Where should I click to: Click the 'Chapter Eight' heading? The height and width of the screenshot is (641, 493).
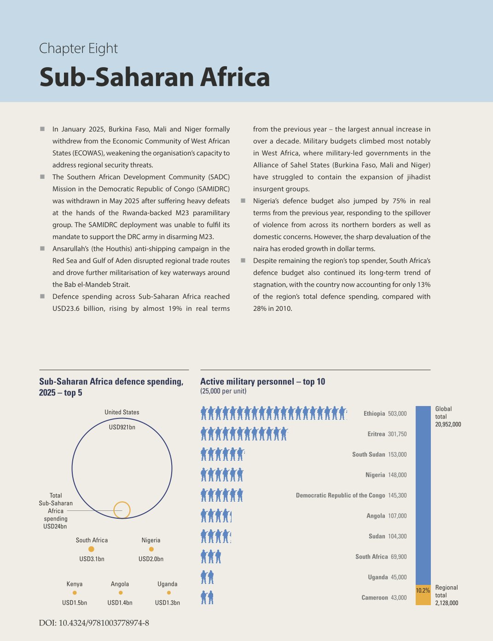pyautogui.click(x=78, y=49)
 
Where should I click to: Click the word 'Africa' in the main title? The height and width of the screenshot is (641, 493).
pyautogui.click(x=235, y=77)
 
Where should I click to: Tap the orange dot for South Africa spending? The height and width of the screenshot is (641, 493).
pyautogui.click(x=91, y=549)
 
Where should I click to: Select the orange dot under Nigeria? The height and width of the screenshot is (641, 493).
pyautogui.click(x=151, y=549)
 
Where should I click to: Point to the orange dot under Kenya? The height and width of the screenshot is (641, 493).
pyautogui.click(x=75, y=593)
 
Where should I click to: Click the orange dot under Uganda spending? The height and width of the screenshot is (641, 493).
pyautogui.click(x=168, y=593)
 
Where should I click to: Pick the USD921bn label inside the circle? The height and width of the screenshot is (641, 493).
pyautogui.click(x=122, y=427)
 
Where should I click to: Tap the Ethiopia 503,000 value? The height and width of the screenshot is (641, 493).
pyautogui.click(x=397, y=413)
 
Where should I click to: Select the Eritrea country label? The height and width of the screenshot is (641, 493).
pyautogui.click(x=376, y=434)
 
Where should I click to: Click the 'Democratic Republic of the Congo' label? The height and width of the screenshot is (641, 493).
pyautogui.click(x=340, y=495)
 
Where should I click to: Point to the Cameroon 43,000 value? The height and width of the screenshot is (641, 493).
pyautogui.click(x=399, y=597)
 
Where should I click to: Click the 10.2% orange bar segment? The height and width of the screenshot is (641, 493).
pyautogui.click(x=423, y=595)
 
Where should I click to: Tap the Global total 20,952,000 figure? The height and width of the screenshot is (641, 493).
pyautogui.click(x=448, y=424)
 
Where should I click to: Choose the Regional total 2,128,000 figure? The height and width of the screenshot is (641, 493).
pyautogui.click(x=447, y=603)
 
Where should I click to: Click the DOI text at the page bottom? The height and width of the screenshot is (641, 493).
pyautogui.click(x=94, y=623)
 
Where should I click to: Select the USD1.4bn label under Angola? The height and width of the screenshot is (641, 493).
pyautogui.click(x=120, y=603)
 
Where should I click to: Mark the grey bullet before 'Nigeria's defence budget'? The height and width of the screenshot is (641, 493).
pyautogui.click(x=243, y=201)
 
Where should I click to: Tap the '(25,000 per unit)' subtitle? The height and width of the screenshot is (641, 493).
pyautogui.click(x=223, y=391)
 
